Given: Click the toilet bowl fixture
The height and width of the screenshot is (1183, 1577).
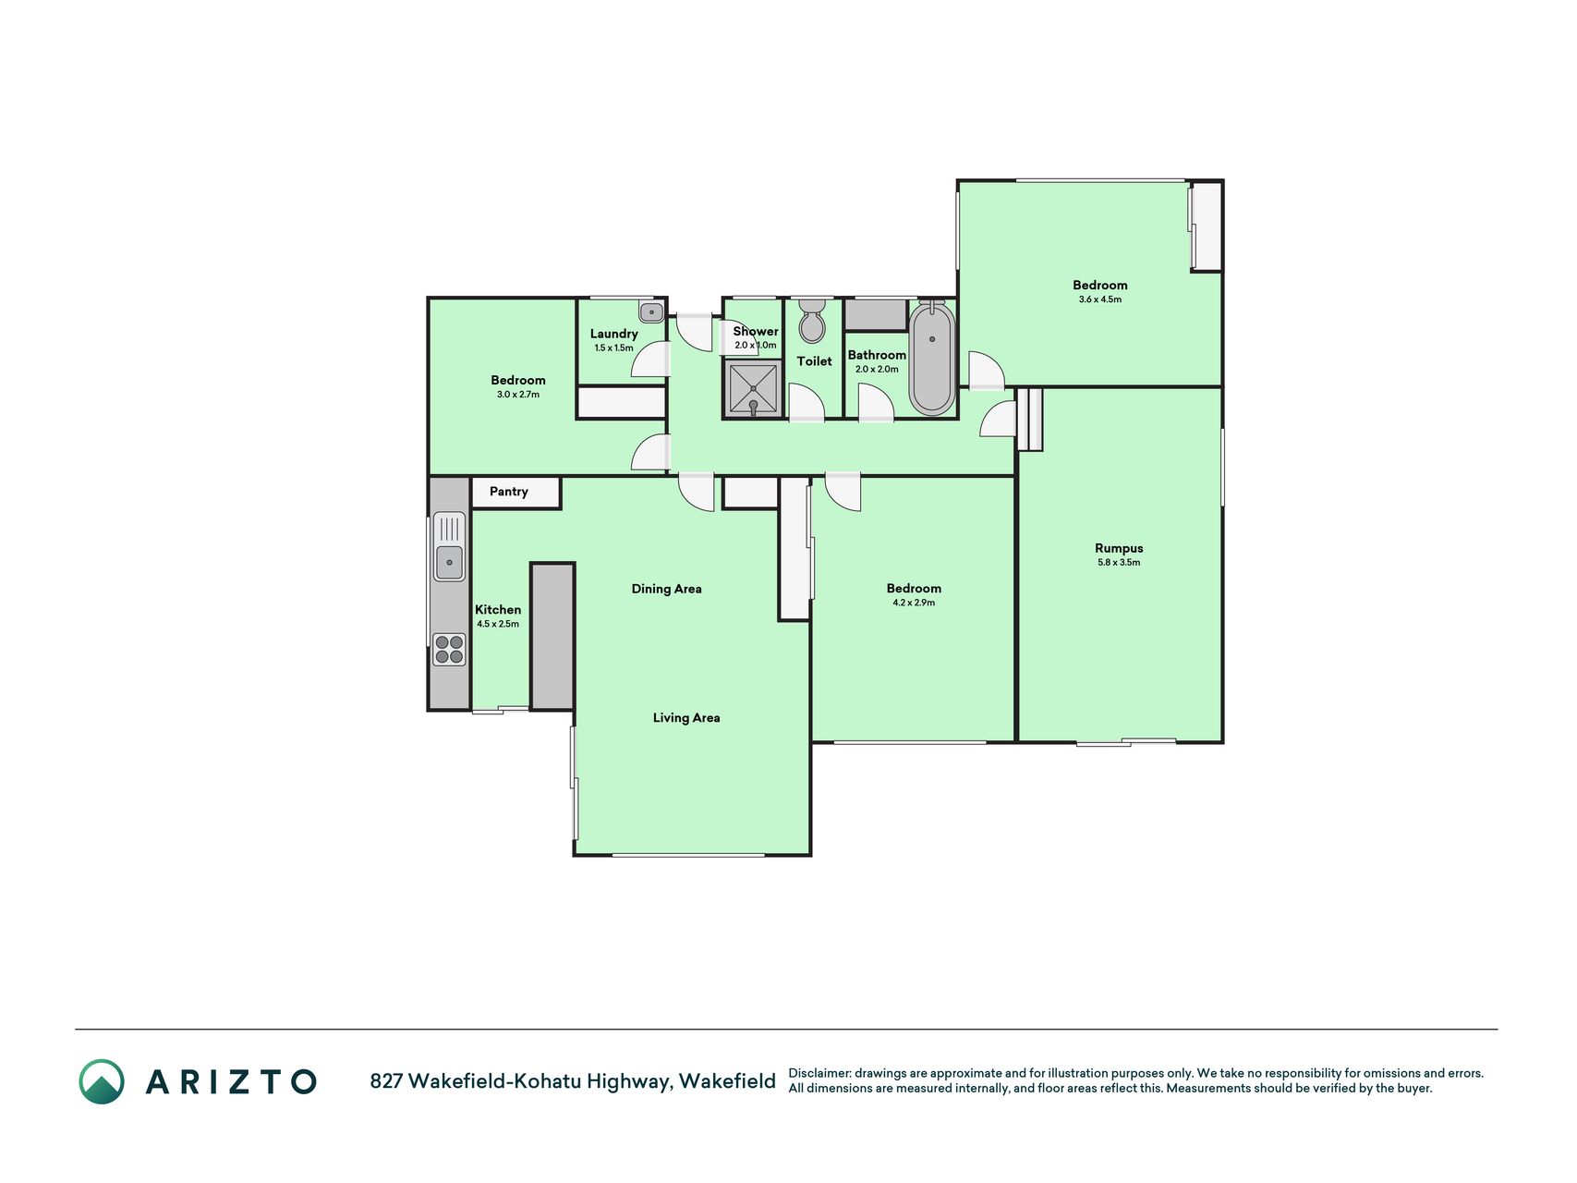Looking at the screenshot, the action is tap(812, 320).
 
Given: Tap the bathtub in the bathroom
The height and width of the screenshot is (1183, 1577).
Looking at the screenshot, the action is tap(932, 358).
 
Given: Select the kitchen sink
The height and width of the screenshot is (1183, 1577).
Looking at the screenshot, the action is tap(449, 546).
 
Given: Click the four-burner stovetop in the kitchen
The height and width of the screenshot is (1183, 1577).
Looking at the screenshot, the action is tap(449, 649).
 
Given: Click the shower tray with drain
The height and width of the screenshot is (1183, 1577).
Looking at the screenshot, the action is tap(754, 389).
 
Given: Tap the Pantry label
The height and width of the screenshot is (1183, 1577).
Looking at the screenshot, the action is tap(509, 492).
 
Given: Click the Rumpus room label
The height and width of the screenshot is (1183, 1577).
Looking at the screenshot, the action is tap(1119, 548).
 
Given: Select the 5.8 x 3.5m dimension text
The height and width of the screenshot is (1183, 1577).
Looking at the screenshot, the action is tap(1119, 562).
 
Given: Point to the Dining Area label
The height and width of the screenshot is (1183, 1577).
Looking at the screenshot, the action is tap(666, 589).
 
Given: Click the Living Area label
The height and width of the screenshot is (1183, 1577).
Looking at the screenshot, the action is tap(686, 717).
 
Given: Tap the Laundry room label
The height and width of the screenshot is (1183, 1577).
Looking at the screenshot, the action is tap(614, 334).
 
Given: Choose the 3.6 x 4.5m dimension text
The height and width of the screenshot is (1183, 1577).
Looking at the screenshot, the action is tap(1100, 299).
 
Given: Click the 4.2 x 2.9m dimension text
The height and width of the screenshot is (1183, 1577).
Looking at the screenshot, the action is tap(914, 603).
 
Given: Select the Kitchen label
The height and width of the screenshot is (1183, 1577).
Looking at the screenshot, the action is tap(498, 610).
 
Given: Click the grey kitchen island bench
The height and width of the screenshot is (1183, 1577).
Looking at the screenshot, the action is tap(552, 637).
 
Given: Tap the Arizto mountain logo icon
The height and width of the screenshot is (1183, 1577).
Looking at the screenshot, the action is tap(102, 1081).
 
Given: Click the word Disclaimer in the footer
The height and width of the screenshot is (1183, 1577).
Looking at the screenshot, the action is tap(819, 1073).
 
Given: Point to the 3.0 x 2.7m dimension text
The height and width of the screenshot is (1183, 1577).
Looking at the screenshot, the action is tap(518, 395).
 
